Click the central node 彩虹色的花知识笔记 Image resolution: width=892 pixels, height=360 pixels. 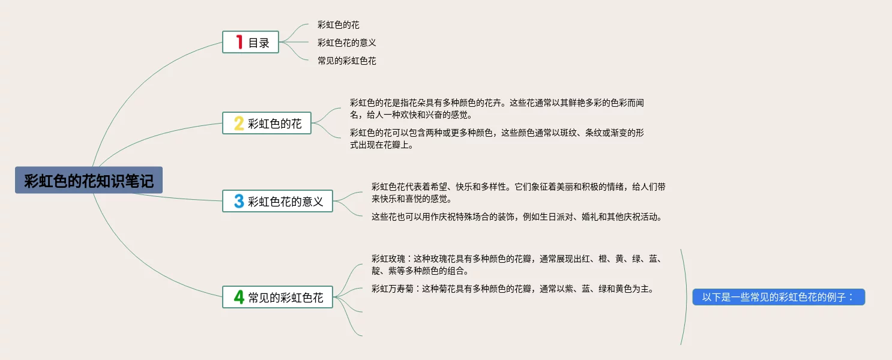[89, 180]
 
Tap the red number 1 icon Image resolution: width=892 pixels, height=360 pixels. [239, 42]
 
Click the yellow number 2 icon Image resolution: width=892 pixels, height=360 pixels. [238, 124]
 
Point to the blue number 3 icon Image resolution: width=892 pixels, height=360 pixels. [238, 201]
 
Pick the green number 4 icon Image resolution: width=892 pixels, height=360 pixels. [238, 297]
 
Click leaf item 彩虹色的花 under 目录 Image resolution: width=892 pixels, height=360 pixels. [339, 25]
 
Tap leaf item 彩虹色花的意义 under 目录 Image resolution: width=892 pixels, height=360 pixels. [347, 43]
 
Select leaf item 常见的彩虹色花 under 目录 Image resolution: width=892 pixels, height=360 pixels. [347, 61]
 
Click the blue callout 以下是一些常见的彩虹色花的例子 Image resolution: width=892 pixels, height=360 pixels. [779, 297]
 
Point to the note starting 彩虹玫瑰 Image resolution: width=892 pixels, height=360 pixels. [516, 265]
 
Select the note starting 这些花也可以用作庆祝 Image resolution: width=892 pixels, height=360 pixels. [517, 217]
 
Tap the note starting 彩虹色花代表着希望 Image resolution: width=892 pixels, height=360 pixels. [518, 193]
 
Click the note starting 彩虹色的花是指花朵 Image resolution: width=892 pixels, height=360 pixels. [497, 109]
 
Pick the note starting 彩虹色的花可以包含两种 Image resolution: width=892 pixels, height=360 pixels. [497, 139]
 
